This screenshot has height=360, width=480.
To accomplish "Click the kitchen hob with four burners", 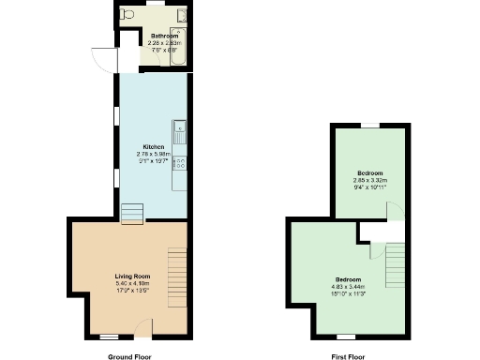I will (x=177, y=162).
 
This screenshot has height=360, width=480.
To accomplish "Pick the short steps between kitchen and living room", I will (x=131, y=214).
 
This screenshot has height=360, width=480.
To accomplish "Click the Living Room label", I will (x=132, y=277).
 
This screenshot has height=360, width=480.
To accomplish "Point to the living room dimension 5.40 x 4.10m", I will (x=132, y=283).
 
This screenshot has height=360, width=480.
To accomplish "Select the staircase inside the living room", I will (x=176, y=268).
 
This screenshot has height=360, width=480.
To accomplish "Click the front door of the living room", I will (x=143, y=328).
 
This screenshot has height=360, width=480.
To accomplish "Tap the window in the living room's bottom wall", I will (x=110, y=335).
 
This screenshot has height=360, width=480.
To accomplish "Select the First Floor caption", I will (x=349, y=356).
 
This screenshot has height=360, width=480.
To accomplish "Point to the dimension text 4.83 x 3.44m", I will (x=348, y=285).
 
